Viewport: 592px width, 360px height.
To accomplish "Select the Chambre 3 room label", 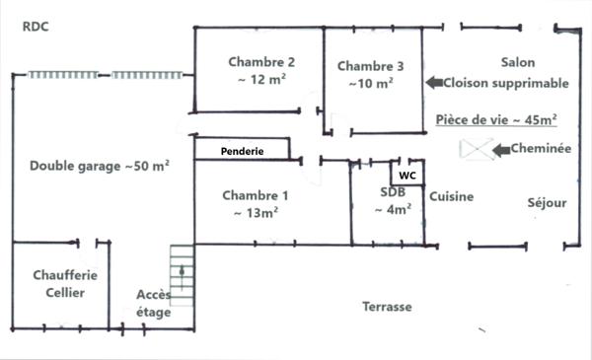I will click(x=371, y=66).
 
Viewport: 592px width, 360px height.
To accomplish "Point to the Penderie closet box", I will click(x=242, y=151).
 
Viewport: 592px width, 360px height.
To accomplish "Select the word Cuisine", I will click(x=451, y=196).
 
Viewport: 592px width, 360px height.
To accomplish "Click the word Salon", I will click(x=517, y=62).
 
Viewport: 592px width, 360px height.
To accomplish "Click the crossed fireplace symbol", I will click(x=478, y=149).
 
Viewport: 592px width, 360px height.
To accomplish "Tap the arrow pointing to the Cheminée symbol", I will click(x=499, y=149).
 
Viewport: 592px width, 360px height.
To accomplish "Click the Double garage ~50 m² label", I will click(x=99, y=166).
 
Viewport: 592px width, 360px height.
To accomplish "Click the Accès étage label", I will click(x=154, y=304).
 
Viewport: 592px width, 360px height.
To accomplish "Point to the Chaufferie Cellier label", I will click(x=58, y=284).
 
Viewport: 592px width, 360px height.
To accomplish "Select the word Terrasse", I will click(x=387, y=307).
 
